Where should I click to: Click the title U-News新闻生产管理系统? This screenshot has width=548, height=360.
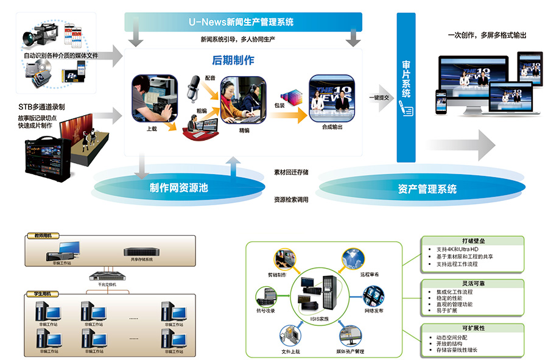241,22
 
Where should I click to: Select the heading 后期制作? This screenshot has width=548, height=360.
233,60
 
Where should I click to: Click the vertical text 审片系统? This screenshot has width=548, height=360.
406,79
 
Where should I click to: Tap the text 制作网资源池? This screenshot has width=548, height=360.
178,188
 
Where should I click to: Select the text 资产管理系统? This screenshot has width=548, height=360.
427,189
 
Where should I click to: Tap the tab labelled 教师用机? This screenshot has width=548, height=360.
43,235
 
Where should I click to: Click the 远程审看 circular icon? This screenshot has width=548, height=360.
353,259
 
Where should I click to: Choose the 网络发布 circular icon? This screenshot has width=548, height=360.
373,296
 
